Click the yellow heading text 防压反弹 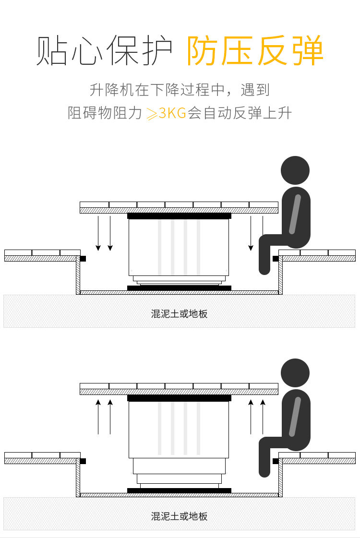pos(255,51)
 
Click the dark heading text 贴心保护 pos(104,51)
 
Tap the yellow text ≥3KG pos(166,114)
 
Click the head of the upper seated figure pos(295,171)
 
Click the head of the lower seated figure pos(295,373)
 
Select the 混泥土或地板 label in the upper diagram pos(180,314)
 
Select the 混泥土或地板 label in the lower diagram pos(180,516)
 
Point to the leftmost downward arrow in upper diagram pos(98,233)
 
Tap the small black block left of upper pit pos(83,259)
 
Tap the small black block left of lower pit pos(83,461)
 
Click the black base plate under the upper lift pos(179,288)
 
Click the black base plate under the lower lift pos(179,490)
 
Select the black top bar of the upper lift pos(179,216)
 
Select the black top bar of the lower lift pos(179,398)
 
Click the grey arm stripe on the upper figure pos(295,213)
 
